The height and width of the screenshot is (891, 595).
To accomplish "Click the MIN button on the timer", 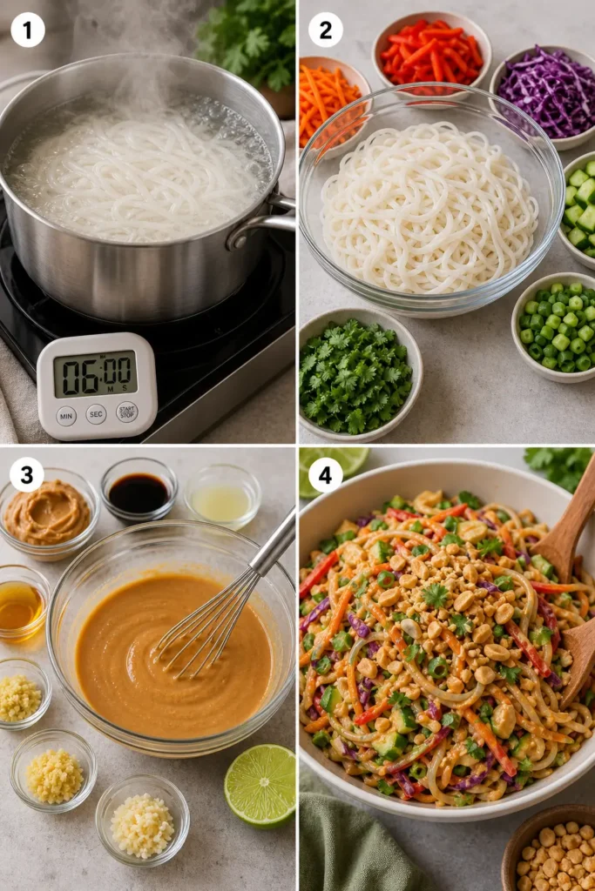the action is coord(66,416).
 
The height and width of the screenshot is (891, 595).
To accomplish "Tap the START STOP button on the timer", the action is coord(127,412).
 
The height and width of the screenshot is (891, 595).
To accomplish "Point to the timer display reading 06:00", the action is coord(96,374).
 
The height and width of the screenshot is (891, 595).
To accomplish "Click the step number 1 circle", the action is coord(27,30).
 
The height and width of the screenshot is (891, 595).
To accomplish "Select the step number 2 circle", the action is coord(325,30).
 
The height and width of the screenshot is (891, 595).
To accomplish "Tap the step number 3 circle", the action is coord(27,475).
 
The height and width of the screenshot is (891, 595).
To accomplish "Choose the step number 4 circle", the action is coord(325,475).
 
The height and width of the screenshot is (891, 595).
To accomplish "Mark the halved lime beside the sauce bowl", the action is coord(260,786).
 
